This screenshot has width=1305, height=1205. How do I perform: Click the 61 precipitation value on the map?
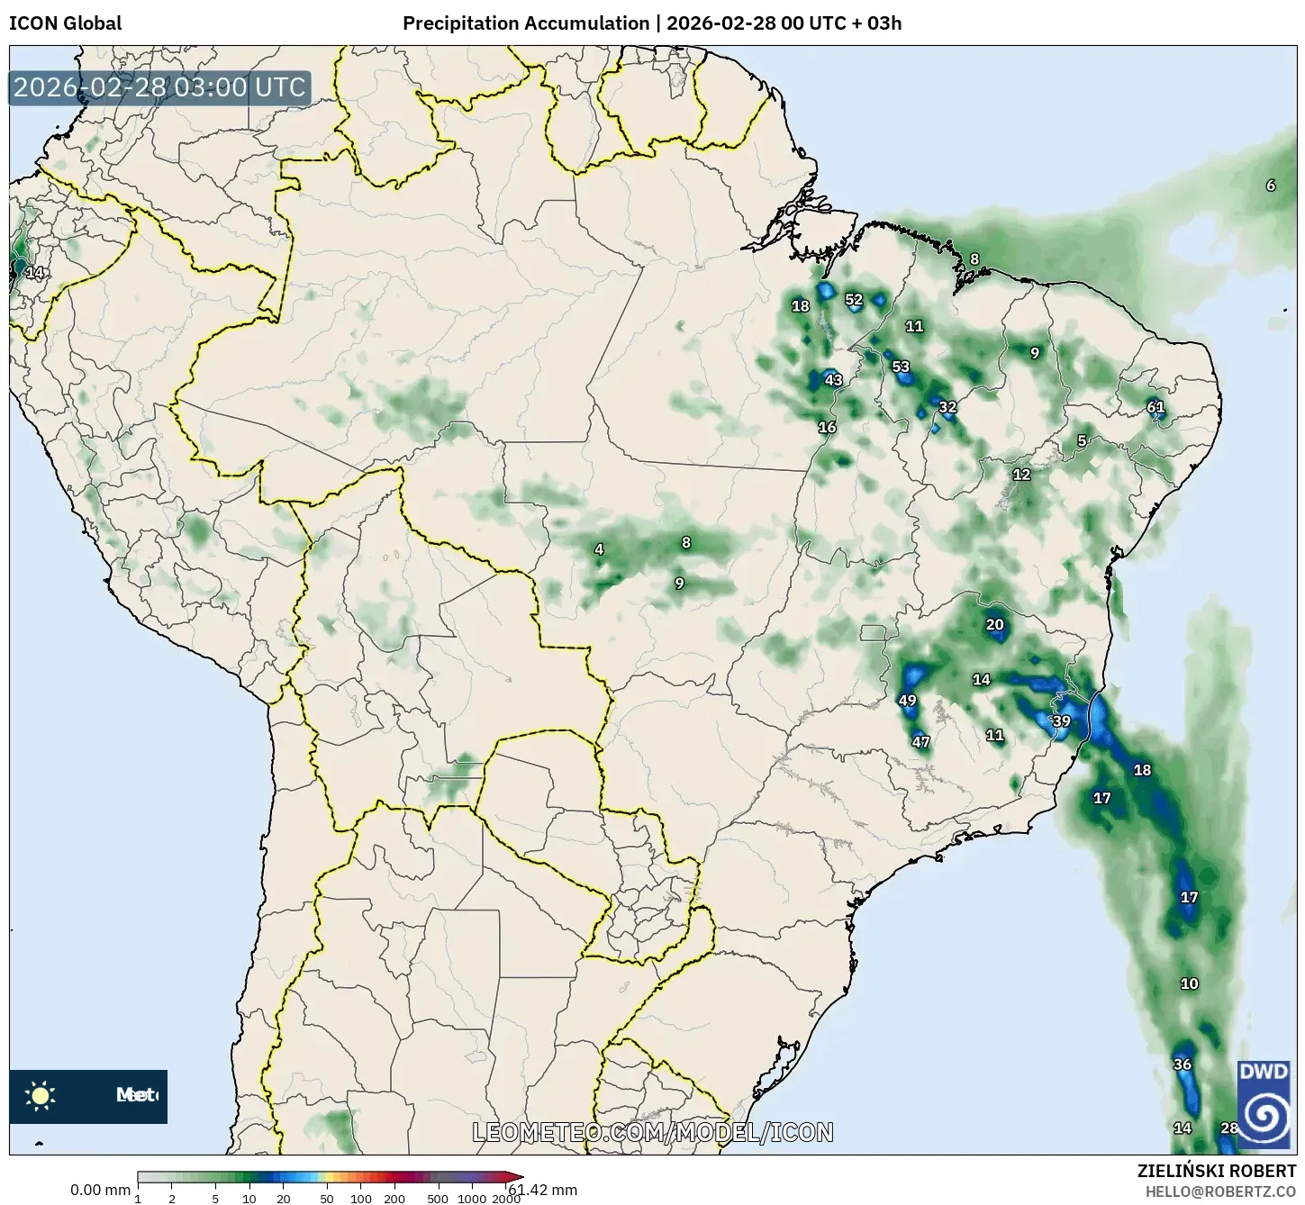[x=1155, y=407]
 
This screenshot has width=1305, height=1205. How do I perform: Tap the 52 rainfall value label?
[x=854, y=300]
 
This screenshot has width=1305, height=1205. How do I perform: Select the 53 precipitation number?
[x=901, y=367]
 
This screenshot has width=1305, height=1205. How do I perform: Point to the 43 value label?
[x=834, y=380]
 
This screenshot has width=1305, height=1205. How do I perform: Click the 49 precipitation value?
[x=907, y=701]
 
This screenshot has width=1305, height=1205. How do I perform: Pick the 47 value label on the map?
[x=920, y=743]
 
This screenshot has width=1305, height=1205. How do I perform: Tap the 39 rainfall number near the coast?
[x=1062, y=721]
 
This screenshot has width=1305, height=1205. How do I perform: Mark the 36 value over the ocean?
[x=1183, y=1065]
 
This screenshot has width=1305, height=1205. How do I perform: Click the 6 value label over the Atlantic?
[x=1271, y=186]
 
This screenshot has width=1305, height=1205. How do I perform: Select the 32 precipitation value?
[x=947, y=407]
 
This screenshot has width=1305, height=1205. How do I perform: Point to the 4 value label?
[x=599, y=549]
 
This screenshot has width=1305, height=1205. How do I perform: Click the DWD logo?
[x=1264, y=1104]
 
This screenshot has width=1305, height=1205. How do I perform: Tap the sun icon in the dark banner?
[x=41, y=1096]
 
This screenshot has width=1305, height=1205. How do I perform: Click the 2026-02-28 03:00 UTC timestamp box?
[x=159, y=87]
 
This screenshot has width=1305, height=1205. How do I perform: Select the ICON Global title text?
[x=65, y=23]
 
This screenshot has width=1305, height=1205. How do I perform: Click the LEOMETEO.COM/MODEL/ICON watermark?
[x=653, y=1132]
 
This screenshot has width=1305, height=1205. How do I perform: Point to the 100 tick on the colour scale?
[x=360, y=1199]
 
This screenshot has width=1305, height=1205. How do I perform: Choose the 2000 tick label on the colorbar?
[x=507, y=1199]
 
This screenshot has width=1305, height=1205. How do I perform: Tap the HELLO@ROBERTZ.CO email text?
[x=1220, y=1191]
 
